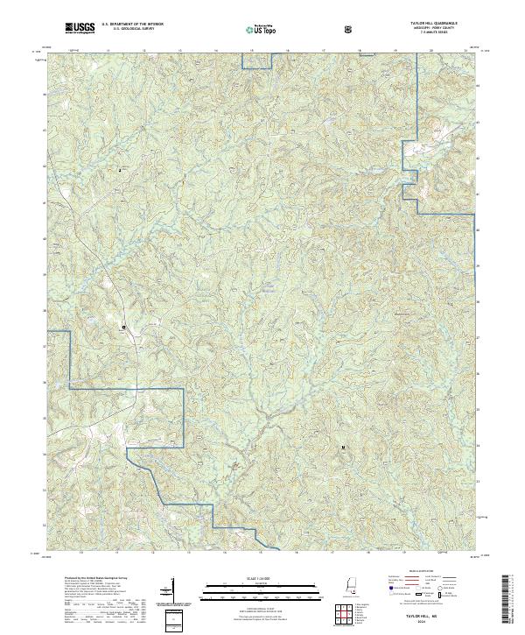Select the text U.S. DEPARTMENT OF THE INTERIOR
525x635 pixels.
[x=132, y=26]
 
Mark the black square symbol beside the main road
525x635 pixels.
[x=123, y=328]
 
